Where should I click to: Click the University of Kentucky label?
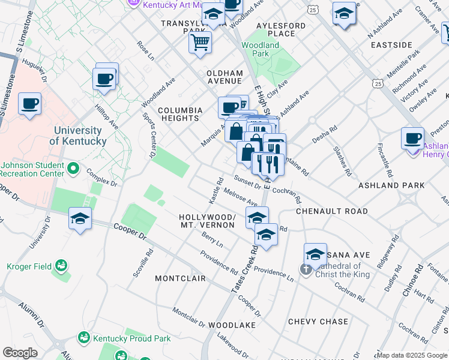coord(80,136)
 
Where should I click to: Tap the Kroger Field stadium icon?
coord(61,265)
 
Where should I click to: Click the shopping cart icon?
coord(200,42)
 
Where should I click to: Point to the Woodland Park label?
coord(261,49)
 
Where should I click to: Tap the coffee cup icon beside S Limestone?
coord(29,104)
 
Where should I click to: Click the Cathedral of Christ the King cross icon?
coord(306,269)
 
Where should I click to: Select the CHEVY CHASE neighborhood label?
coord(318,322)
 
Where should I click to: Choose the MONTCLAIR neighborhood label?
coord(180,278)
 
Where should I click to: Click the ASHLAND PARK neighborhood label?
coord(391,185)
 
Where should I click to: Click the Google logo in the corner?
coord(20,352)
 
